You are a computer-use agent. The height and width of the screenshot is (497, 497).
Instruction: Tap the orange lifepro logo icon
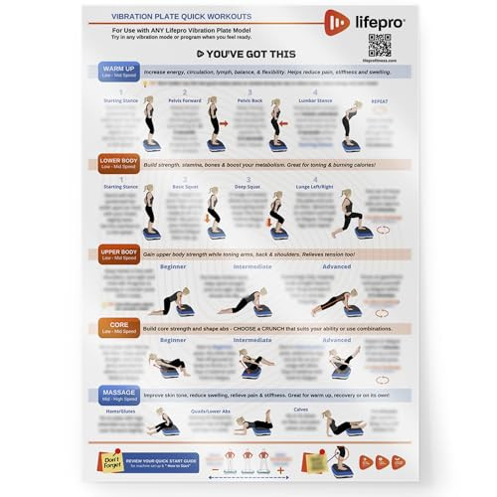pyautogui.click(x=336, y=21)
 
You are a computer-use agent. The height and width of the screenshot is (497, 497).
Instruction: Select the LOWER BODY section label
pyautogui.click(x=118, y=163)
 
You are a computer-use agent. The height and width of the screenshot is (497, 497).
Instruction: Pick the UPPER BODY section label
pyautogui.click(x=118, y=255)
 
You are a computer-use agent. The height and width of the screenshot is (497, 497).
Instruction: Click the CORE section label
pyautogui.click(x=118, y=327)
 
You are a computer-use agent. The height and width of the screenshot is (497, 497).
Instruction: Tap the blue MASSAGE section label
pyautogui.click(x=118, y=397)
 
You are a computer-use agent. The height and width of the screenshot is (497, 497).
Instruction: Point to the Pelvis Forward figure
pyautogui.click(x=212, y=124)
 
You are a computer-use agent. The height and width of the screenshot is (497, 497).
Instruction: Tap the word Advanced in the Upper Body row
pyautogui.click(x=336, y=266)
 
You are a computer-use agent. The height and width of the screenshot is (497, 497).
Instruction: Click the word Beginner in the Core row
pyautogui.click(x=173, y=340)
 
